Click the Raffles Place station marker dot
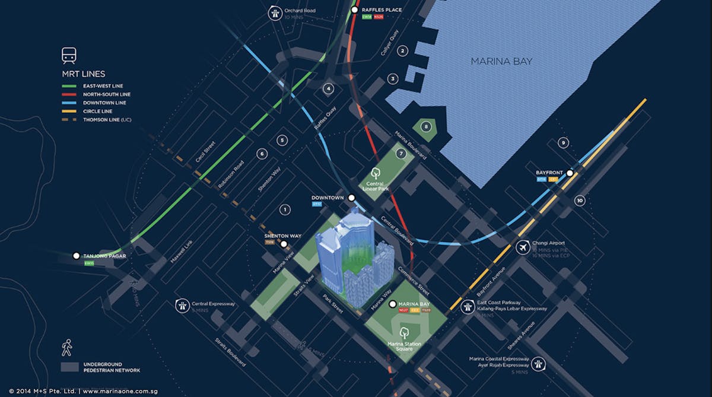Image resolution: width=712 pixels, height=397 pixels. (x=355, y=10)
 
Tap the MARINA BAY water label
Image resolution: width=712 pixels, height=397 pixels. (x=501, y=62)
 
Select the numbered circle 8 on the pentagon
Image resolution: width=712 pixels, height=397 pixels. (x=425, y=126)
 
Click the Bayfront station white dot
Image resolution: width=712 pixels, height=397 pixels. (x=570, y=173)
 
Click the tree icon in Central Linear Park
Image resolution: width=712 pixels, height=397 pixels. (x=375, y=173)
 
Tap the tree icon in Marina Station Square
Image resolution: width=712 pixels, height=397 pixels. (x=405, y=332)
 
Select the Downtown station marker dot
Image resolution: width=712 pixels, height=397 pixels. (x=351, y=198)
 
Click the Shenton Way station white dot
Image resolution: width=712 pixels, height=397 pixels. (x=284, y=244)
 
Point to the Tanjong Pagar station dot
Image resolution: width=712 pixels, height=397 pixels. (x=76, y=256)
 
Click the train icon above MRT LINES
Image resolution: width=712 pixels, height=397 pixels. (x=69, y=56)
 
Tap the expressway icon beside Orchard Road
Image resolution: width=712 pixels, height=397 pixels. (x=274, y=13)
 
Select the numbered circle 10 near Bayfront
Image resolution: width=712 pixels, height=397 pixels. (x=580, y=201)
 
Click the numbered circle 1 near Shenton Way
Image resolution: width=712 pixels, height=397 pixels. (x=285, y=209)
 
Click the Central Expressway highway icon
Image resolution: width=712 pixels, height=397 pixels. (x=182, y=306)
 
